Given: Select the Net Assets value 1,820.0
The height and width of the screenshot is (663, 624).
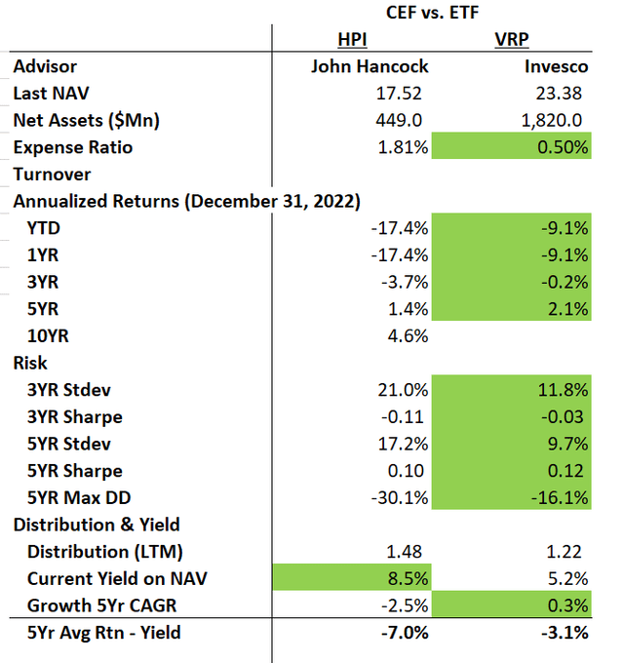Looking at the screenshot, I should click(555, 121).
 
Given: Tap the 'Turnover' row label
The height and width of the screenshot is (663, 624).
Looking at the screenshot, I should click(53, 175).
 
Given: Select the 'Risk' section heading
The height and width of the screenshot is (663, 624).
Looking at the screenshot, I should click(30, 363).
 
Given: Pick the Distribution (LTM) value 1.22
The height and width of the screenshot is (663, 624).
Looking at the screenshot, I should click(569, 551).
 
